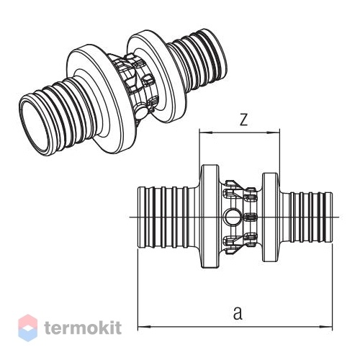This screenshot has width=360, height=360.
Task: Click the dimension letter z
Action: (x=243, y=120)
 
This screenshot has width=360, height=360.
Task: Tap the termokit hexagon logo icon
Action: (x=28, y=328)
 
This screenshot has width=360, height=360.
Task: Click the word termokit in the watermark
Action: (x=83, y=328)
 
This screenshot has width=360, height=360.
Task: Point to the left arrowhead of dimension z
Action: (x=205, y=132)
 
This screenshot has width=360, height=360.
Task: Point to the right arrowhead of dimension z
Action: (x=274, y=132)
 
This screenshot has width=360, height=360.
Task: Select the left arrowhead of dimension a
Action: (x=143, y=327)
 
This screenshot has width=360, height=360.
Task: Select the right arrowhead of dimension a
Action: (x=326, y=327)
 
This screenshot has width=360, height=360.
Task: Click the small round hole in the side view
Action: (x=230, y=217)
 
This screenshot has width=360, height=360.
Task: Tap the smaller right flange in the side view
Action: (x=271, y=217)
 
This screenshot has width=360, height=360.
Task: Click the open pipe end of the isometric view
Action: (x=32, y=125)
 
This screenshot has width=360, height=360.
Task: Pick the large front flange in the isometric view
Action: (x=99, y=99)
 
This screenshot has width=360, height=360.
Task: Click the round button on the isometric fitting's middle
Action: (x=142, y=113)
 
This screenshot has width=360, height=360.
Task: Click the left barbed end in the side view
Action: (x=168, y=217)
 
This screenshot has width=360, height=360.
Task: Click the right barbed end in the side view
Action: (x=306, y=217)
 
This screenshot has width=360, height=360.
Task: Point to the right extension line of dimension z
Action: (x=279, y=151)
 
